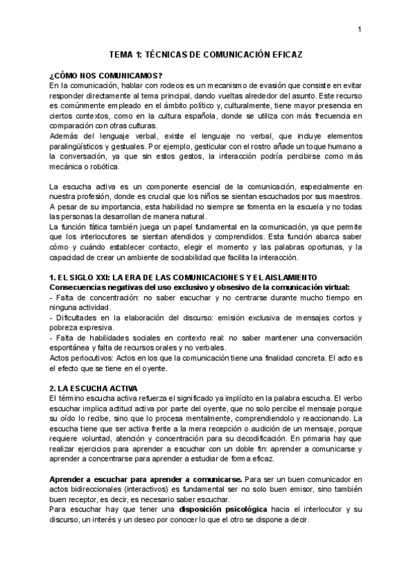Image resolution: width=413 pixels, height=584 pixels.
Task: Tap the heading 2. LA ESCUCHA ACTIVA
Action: (x=94, y=388)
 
